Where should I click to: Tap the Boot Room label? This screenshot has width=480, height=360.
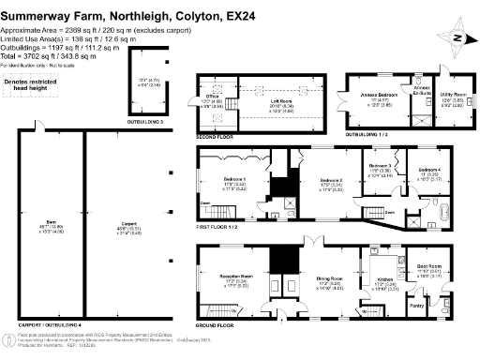[427, 266]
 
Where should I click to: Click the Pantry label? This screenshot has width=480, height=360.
[416, 305]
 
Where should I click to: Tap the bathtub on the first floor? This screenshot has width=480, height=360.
[438, 209]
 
